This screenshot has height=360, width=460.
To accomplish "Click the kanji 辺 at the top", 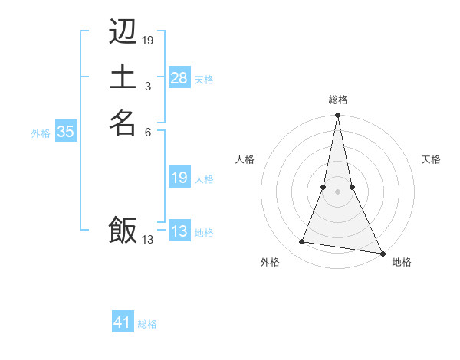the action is (123, 32).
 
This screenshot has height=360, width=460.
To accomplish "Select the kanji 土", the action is (123, 77).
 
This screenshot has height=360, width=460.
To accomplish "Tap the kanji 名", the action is (123, 123).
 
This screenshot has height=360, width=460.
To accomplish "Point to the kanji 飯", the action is (123, 230).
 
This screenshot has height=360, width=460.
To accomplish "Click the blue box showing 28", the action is (179, 78).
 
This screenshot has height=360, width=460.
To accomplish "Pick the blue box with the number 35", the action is (66, 132).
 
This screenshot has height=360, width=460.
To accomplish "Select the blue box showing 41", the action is (123, 322).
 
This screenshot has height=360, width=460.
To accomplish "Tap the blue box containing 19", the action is (179, 178).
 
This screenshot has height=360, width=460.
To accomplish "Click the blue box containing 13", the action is (179, 231).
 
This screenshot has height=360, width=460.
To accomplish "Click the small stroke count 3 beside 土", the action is (147, 87).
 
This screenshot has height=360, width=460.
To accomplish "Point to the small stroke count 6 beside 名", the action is (147, 132).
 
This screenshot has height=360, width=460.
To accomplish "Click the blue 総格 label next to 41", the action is (147, 324).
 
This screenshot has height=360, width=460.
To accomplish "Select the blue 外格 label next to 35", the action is (41, 133).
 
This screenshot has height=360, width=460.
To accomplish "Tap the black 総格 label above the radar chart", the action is (337, 100).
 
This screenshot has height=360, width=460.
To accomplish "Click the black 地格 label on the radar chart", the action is (402, 263).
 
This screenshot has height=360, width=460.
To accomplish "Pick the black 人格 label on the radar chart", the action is (245, 159).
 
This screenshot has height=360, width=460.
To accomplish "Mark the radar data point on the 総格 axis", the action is (337, 116).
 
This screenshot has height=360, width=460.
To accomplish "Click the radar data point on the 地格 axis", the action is (382, 252).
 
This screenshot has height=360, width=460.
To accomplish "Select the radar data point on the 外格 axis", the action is (302, 242).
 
